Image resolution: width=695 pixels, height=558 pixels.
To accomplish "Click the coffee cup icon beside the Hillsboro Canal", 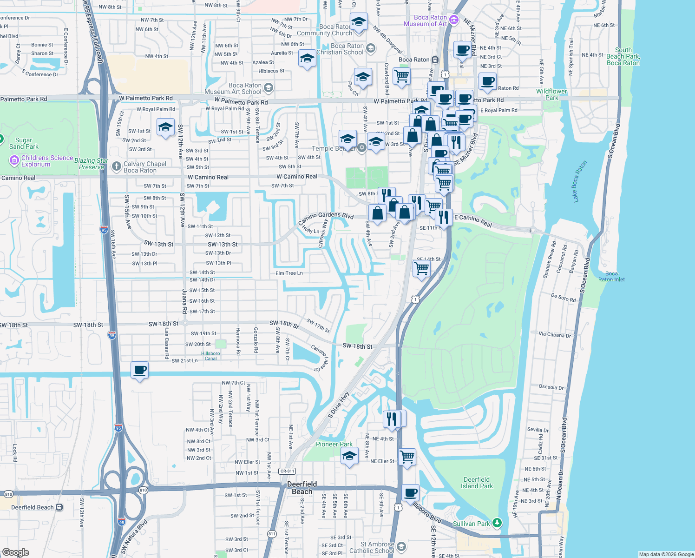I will point(139,370).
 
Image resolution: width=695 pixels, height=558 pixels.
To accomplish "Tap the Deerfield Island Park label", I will point(477,483).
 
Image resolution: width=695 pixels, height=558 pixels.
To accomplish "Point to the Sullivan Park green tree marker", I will point(497,523).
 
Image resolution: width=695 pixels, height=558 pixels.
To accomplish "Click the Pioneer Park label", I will point(334,444).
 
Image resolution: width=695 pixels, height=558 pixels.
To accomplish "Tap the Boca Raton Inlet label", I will point(611,277).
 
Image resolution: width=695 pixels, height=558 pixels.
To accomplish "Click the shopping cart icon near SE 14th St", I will point(421,268).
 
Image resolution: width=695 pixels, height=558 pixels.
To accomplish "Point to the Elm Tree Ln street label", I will point(289,273).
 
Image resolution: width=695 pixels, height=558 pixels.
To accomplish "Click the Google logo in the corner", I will point(15,552).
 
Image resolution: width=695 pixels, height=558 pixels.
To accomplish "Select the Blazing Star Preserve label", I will point(92,164).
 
